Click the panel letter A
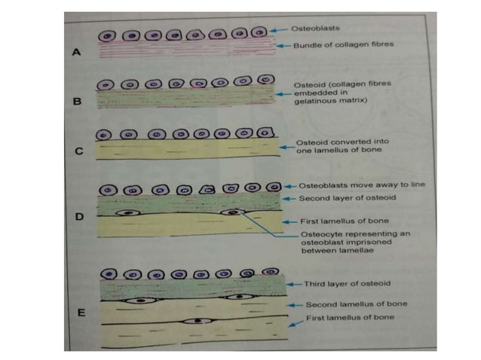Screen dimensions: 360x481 [75, 53]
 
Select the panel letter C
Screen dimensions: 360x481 [78, 150]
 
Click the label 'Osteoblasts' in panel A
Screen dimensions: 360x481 [311, 28]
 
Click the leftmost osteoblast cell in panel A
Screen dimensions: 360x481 [109, 36]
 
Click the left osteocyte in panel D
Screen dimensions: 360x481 [129, 213]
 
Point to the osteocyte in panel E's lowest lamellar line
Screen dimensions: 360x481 [198, 321]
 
